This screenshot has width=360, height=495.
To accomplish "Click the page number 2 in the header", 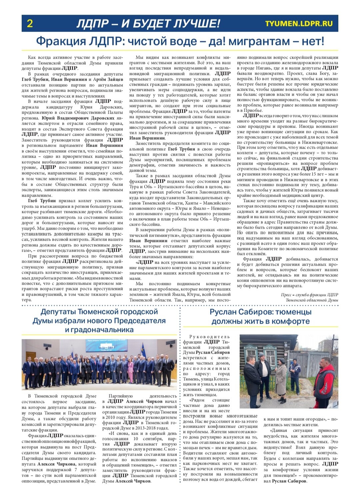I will tap(30, 24).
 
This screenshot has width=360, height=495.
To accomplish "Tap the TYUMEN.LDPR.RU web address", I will tap(299, 23).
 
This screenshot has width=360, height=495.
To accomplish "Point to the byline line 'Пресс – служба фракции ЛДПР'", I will tap(309, 295).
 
